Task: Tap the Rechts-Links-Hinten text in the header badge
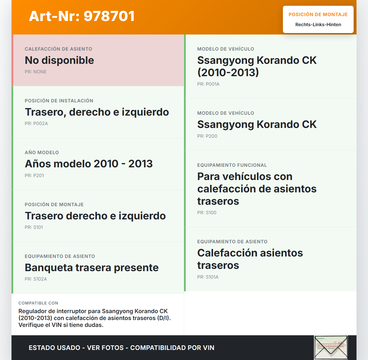click(318, 25)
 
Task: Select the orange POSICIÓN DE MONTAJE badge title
click(318, 15)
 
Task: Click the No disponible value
click(59, 60)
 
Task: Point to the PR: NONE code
click(35, 72)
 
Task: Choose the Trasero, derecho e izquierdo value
click(97, 112)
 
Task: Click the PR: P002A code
click(36, 124)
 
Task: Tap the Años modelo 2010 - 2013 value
click(89, 164)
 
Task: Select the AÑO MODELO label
click(42, 153)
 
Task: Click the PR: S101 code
click(34, 227)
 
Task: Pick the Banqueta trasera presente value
click(91, 268)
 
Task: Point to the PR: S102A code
click(36, 279)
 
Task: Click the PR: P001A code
click(208, 84)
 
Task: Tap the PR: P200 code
click(207, 136)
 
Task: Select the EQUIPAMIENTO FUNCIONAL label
click(232, 165)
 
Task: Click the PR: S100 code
click(206, 213)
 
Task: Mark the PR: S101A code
click(208, 277)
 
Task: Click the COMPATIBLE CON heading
click(38, 303)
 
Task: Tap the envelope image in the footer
click(331, 347)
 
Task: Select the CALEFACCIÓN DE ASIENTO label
click(58, 49)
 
